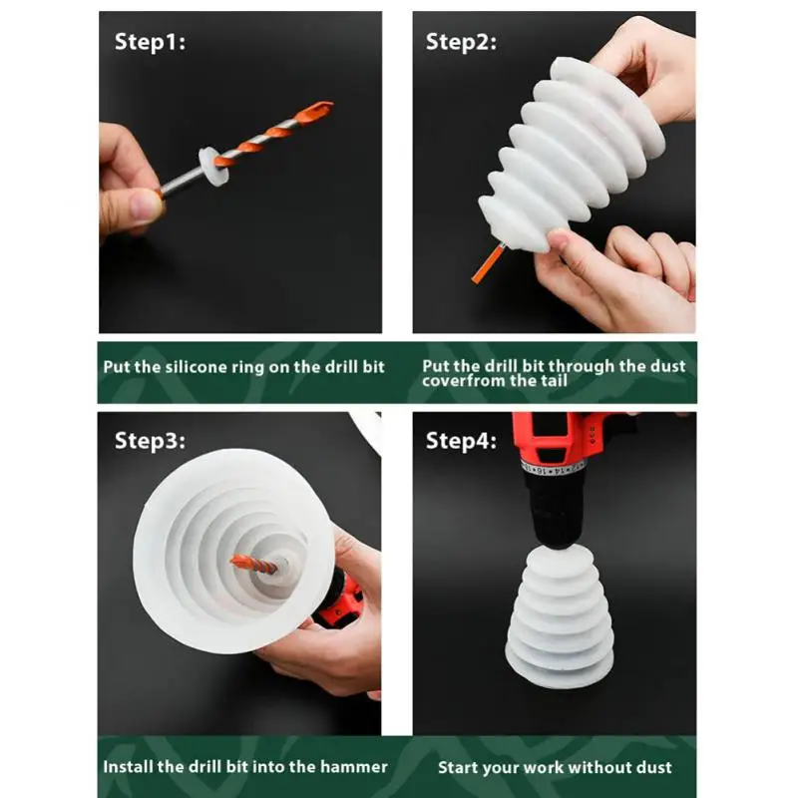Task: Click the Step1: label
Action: point(150,42)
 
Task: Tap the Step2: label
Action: point(461,42)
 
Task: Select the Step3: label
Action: point(150,441)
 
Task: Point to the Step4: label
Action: point(461,441)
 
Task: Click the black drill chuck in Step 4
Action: point(556,509)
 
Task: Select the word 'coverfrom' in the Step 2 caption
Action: point(462,381)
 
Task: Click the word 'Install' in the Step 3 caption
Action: point(129,767)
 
